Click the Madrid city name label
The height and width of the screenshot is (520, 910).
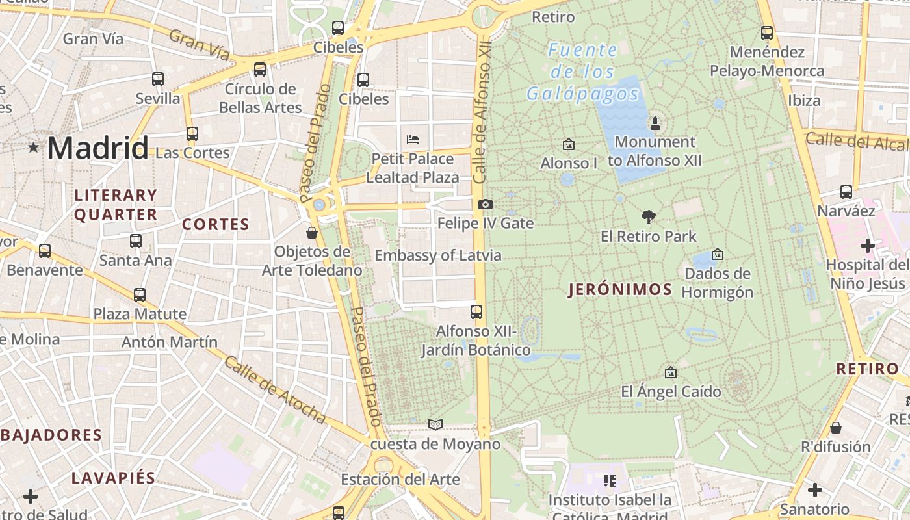coord(97,148)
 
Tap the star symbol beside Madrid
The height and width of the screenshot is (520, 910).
coord(33,148)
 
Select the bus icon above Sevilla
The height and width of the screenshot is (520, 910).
coord(158,79)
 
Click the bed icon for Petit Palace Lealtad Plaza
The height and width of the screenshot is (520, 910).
coord(412,139)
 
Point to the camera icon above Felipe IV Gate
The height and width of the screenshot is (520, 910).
coord(485,205)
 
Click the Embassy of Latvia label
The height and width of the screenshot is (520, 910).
coord(438,255)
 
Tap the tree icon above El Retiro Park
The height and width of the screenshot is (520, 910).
coord(648,217)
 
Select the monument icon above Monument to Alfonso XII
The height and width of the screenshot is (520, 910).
coord(655,123)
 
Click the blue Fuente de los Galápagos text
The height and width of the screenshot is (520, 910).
coord(583,71)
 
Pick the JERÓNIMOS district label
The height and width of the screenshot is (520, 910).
coord(620,290)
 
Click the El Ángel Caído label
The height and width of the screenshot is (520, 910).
coord(671,392)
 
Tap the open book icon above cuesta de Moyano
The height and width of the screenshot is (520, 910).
coord(435,425)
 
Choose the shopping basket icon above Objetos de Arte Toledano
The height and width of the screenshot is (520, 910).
coord(312,233)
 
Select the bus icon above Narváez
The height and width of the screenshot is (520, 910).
coord(846,192)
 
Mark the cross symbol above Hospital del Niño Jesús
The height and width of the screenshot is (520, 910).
coord(868,246)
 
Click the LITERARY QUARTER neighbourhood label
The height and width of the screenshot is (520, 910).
coord(116,205)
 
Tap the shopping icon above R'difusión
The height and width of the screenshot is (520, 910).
coord(836,428)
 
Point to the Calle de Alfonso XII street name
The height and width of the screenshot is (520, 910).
coord(481,114)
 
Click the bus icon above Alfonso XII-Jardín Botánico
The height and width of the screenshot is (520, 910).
coord(476,312)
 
